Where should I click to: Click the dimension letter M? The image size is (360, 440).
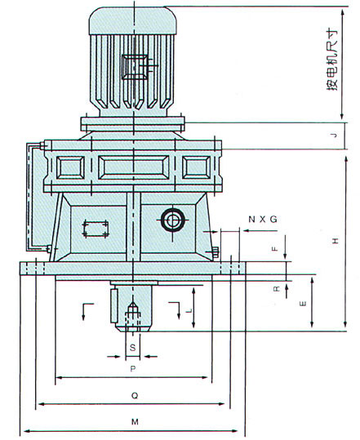(135, 422)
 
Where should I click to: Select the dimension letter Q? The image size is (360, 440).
(135, 396)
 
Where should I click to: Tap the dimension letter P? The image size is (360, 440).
(133, 369)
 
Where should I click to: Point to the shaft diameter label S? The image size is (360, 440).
(133, 348)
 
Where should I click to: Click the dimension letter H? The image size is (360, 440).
(336, 241)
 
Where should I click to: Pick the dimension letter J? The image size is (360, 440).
(334, 136)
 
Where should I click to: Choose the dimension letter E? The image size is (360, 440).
(304, 304)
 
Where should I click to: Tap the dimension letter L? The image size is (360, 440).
(190, 310)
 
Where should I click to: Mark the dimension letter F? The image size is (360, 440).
(275, 248)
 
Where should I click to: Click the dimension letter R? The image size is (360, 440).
(277, 288)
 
